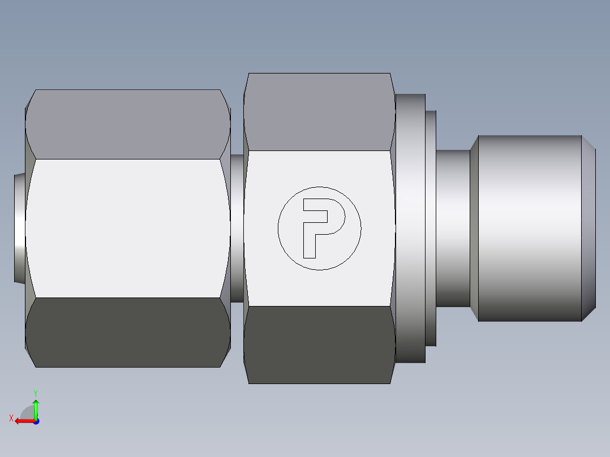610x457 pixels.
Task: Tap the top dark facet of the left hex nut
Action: (127, 123)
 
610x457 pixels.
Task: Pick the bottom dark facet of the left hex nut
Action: (127, 333)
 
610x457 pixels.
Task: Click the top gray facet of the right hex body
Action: (319, 111)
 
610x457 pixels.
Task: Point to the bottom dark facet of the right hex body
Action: (319, 345)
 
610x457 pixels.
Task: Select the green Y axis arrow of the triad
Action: (36, 407)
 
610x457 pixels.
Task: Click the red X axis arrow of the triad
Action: (23, 421)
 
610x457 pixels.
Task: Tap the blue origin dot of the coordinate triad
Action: (36, 421)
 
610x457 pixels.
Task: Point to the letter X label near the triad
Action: (11, 418)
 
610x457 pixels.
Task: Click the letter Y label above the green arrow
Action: (35, 393)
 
